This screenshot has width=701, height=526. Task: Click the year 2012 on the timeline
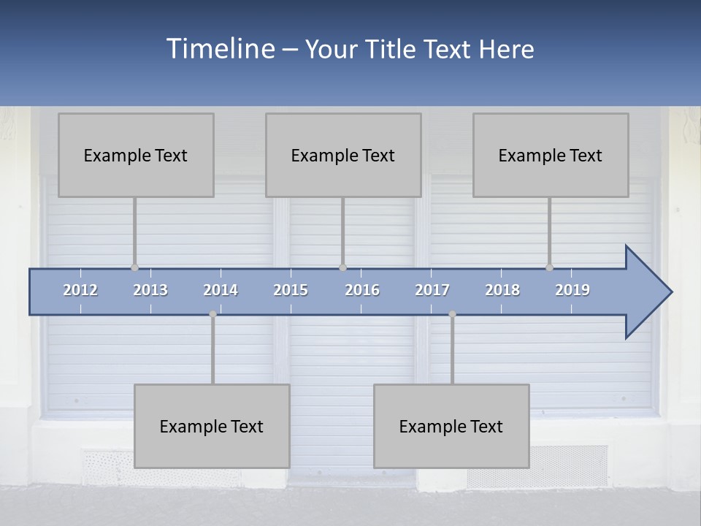click(x=80, y=290)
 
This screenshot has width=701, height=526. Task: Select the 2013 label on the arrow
click(x=150, y=290)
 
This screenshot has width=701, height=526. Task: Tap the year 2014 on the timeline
click(x=221, y=290)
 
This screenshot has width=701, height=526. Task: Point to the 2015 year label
click(x=291, y=290)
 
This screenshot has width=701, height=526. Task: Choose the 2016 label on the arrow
click(x=362, y=290)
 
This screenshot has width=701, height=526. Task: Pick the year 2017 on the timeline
click(x=432, y=290)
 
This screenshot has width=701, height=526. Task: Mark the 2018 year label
click(x=502, y=290)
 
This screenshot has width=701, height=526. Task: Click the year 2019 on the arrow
click(x=572, y=290)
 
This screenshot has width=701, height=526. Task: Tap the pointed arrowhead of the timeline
click(x=650, y=292)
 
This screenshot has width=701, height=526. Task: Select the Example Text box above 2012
click(x=136, y=155)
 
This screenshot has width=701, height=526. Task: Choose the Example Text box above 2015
click(x=343, y=155)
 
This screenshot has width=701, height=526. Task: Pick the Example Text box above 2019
click(x=551, y=155)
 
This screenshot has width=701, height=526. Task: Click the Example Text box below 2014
click(x=212, y=426)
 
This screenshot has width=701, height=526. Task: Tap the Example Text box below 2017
click(x=451, y=426)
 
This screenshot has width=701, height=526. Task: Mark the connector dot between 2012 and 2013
click(x=134, y=267)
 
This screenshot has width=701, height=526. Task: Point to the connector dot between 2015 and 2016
click(x=342, y=267)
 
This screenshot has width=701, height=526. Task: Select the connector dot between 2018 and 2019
click(x=549, y=267)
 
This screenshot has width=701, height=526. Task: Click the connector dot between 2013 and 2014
click(x=212, y=314)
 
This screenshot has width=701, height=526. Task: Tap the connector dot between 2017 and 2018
click(x=452, y=314)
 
